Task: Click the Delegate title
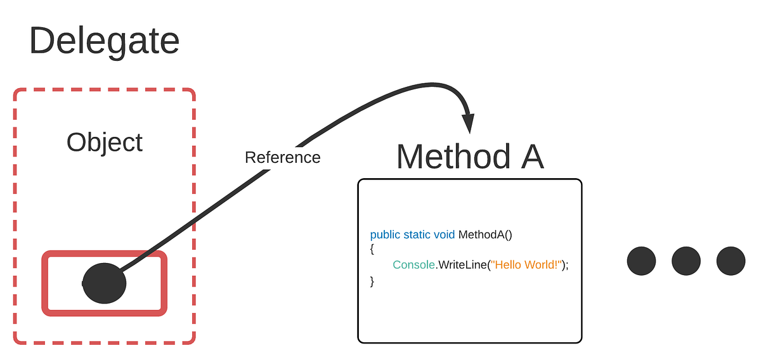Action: [104, 41]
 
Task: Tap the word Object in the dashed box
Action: [105, 142]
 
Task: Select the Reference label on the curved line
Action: [282, 157]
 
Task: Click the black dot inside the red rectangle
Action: [105, 283]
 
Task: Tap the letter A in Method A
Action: [531, 157]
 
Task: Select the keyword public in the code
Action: [385, 235]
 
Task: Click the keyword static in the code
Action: [417, 235]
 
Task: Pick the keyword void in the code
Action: [444, 235]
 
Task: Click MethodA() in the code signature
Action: [485, 235]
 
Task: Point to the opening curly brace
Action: [372, 250]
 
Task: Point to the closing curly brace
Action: [372, 280]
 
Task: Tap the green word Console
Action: [413, 265]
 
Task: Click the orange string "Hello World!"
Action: [524, 265]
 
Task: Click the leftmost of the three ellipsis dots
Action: [641, 261]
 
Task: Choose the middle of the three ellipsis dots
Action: [686, 261]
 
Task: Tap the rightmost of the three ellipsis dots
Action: [731, 261]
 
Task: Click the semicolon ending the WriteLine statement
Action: [566, 266]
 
